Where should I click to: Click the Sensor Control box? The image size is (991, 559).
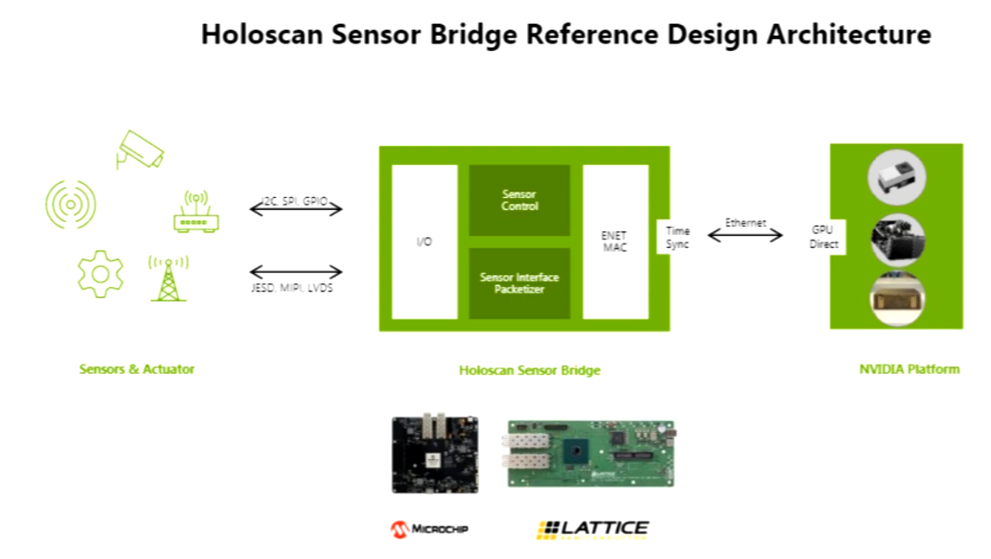tap(519, 200)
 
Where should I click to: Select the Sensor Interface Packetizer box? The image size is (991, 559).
tap(519, 283)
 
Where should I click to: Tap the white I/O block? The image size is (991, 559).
tap(424, 242)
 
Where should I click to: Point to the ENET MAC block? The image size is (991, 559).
tap(615, 242)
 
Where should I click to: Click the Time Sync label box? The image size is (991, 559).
tap(677, 237)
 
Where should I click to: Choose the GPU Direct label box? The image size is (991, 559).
tap(823, 237)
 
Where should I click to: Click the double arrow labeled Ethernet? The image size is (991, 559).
tap(745, 235)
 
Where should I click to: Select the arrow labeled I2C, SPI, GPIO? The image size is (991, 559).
tap(295, 210)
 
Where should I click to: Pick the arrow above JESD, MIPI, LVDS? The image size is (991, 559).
tap(295, 272)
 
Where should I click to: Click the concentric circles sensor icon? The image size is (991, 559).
tap(70, 205)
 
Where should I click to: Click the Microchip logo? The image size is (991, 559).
tap(429, 528)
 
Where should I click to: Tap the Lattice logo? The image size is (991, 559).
tap(592, 529)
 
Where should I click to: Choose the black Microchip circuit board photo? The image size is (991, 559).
tap(434, 454)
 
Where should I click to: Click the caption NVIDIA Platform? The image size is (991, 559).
tap(909, 369)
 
